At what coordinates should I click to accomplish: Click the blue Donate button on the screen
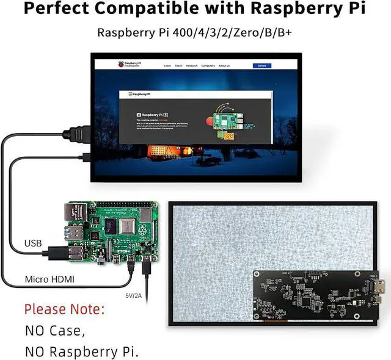[262, 65]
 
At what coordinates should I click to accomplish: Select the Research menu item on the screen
[192, 65]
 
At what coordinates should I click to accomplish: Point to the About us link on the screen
[224, 65]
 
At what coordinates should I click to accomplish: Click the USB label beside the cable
[33, 243]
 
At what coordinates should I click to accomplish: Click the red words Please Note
[64, 309]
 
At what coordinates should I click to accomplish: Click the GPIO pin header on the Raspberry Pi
[122, 205]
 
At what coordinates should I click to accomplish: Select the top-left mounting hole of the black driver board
[257, 274]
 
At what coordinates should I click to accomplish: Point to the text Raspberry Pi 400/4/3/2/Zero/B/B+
[195, 32]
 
